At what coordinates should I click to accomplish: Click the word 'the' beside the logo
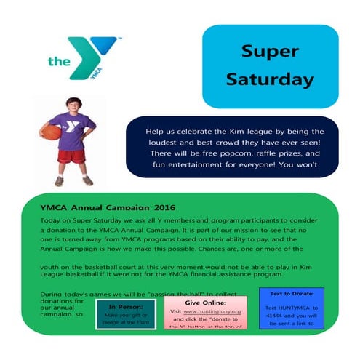[59, 62]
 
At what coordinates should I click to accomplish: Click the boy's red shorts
[73, 156]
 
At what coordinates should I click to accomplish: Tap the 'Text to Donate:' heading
[291, 293]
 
